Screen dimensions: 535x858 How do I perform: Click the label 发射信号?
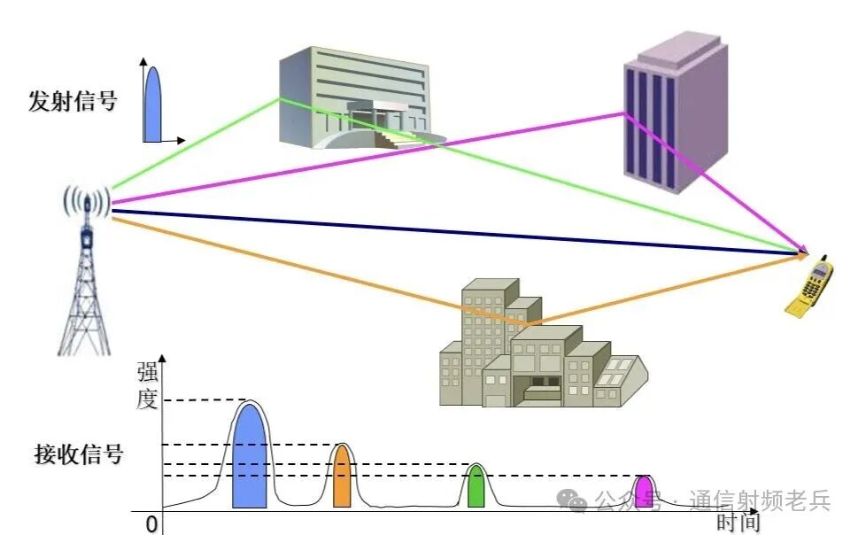pos(73,101)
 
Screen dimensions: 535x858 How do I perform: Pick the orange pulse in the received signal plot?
pos(342,480)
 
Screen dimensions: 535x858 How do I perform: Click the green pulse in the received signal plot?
pos(476,488)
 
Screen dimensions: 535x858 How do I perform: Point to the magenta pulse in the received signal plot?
pos(644,492)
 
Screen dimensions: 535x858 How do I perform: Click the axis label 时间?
pos(738,523)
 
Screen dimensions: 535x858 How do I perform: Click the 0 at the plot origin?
pos(151,524)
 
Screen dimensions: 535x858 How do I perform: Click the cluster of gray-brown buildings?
pos(531,350)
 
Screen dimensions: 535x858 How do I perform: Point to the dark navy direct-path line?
pos(443,233)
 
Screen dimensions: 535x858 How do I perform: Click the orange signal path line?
pos(310,270)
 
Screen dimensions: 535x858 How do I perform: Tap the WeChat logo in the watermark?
pos(576,501)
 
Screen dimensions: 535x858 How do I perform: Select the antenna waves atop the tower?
pos(86,203)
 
